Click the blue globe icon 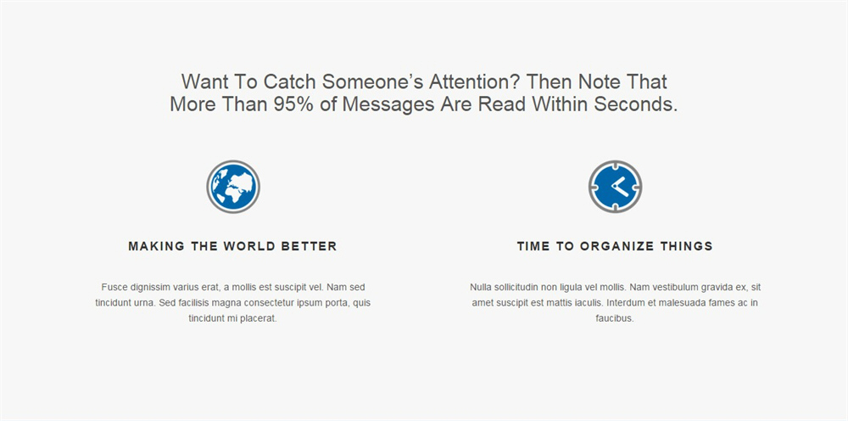[x=233, y=187]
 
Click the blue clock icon [x=615, y=187]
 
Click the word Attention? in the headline [x=474, y=81]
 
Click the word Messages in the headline [x=388, y=104]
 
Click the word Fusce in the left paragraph [x=111, y=287]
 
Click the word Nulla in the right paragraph [x=480, y=287]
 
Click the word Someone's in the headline [x=372, y=81]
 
